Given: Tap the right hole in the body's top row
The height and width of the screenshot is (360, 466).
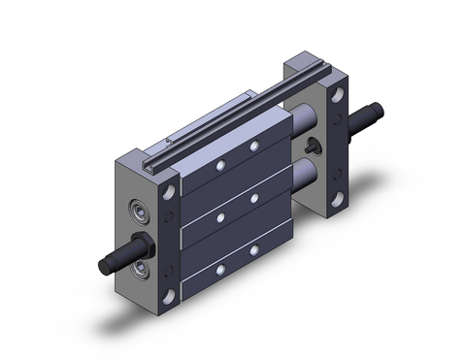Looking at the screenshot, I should (253, 145).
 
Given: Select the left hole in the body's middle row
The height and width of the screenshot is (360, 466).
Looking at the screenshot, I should (222, 211).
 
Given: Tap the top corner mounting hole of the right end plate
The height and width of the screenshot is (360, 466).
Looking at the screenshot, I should (338, 96).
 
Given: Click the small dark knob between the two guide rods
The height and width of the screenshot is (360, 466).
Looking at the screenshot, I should (312, 148).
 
